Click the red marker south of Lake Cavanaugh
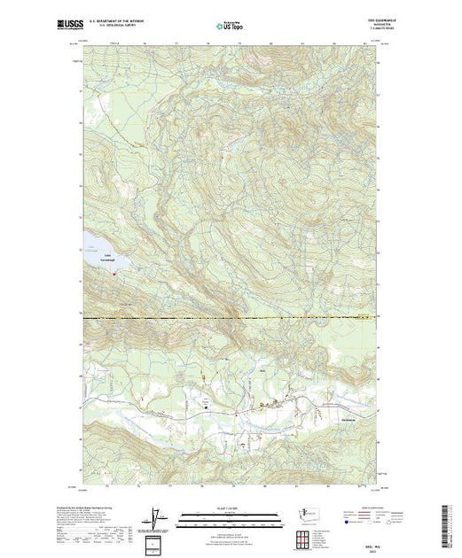pos(114,274)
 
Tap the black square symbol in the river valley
pos(209,407)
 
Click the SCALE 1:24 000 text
pos(230,508)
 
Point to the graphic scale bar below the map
pos(230,515)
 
